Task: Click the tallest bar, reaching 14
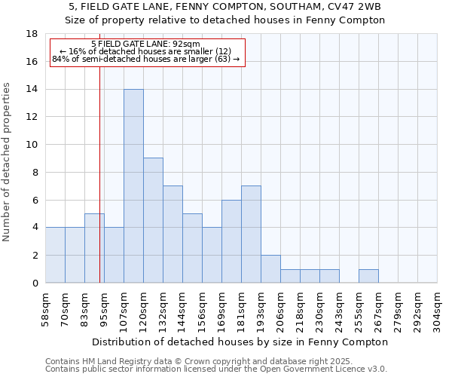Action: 133,186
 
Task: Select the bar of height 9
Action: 153,220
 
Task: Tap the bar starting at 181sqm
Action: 251,234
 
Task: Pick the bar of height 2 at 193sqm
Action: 270,269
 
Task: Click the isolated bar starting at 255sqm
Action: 368,276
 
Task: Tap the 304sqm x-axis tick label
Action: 438,309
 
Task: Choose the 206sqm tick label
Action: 280,309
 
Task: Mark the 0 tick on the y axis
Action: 35,283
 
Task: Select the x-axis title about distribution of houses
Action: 241,342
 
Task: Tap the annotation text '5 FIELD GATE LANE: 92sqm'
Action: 145,44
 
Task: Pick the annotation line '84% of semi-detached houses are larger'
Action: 145,59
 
